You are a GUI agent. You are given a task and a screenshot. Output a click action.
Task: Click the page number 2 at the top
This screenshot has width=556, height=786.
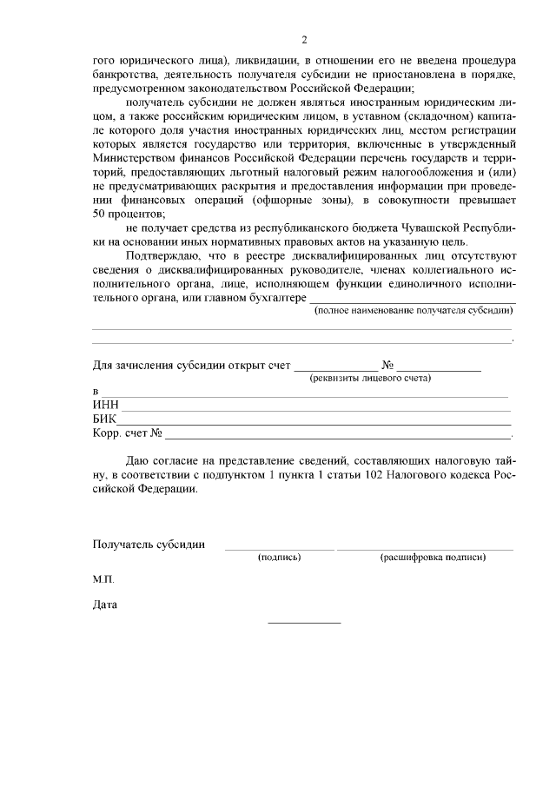coord(304,40)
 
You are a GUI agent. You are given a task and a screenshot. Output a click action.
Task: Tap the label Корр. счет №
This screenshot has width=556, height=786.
coord(129,433)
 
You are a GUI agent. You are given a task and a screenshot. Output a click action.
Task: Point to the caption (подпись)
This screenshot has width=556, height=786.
coord(280,558)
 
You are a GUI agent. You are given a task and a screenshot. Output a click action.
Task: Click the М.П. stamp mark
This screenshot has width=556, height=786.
coord(103,578)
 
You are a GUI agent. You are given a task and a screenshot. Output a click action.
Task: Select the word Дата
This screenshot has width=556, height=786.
coord(105,604)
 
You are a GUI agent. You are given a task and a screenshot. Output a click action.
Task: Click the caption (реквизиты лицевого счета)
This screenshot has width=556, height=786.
coord(371,378)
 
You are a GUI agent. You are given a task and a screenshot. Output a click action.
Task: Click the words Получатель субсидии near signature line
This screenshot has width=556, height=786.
coord(149,545)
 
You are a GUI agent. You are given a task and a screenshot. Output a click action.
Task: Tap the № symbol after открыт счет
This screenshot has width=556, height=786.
coord(388,365)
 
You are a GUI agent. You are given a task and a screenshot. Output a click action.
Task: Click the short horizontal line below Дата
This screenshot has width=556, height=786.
coord(304,622)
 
